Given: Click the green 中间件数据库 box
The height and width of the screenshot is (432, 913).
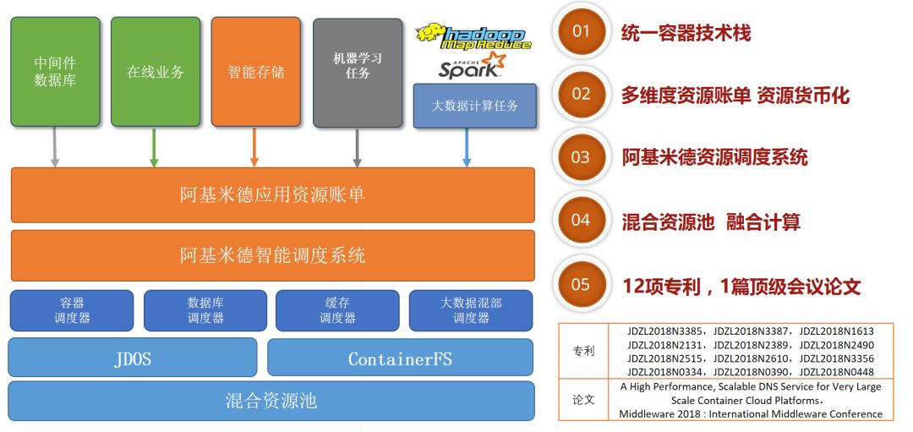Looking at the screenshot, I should coord(55,72).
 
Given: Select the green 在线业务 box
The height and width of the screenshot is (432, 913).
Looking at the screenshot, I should coord(156,72).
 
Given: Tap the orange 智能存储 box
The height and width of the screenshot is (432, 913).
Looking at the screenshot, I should coord(255,72).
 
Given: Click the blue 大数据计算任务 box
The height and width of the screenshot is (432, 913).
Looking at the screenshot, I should coord(475,106).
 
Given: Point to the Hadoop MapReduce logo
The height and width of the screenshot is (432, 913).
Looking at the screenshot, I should coord(473,36).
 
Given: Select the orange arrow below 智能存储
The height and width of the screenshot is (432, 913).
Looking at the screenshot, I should coord(254,147).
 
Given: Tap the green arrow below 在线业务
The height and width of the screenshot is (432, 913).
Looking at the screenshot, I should coord(154,147).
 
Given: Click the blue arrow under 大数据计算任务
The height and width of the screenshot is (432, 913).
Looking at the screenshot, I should coord(467,147).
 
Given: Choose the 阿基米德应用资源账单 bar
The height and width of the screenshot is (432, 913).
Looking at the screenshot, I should coord(272,195).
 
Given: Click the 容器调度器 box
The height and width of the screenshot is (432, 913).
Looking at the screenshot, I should coord(72,310).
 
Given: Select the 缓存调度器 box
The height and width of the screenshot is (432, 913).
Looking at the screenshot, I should coord(337,310).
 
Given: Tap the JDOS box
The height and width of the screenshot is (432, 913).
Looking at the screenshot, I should coord(133,358).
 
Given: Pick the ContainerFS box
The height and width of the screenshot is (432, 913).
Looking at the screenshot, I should coord(400,358).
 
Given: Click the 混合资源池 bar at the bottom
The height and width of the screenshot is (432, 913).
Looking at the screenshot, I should coord(271,400).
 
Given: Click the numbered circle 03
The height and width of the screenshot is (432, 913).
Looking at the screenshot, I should coord(581,156).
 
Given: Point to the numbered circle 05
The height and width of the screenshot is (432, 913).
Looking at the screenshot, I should coord(581,284).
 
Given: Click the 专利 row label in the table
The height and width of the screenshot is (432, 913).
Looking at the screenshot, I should coord(583,350).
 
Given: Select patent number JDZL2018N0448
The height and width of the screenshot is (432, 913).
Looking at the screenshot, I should coord(836,372).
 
